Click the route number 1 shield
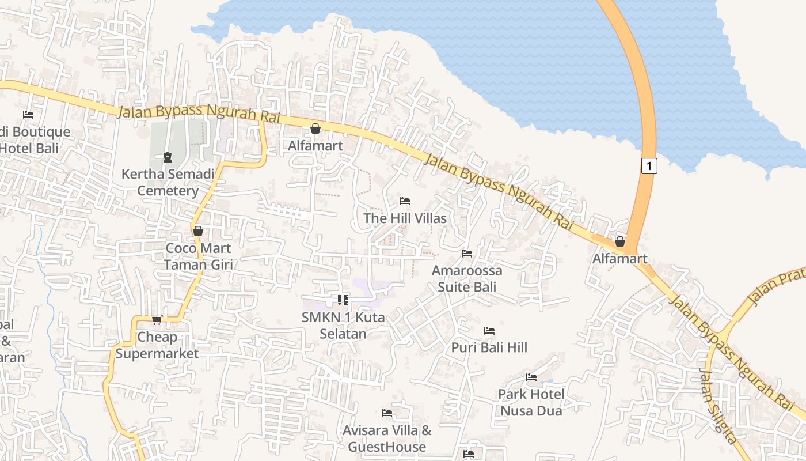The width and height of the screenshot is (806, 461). (x=649, y=166)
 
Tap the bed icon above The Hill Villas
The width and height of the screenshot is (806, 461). (x=405, y=201)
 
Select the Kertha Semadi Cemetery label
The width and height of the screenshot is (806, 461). (x=168, y=182)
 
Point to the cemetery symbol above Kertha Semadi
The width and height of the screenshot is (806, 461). (x=168, y=157)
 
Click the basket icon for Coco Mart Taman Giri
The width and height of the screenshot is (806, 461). (x=198, y=231)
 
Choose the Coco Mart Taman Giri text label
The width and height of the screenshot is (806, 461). (x=198, y=256)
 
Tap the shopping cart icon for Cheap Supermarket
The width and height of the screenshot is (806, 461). (x=157, y=320)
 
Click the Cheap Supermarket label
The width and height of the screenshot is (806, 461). (x=157, y=345)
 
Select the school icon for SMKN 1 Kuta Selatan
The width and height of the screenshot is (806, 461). (x=343, y=300)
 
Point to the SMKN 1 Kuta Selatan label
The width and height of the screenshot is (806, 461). (x=343, y=326)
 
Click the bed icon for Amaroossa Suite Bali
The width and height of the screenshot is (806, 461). (x=467, y=254)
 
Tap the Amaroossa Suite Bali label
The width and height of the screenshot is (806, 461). (x=467, y=279)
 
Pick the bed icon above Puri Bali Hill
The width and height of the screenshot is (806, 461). (x=489, y=331)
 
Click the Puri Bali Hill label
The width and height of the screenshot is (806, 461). (x=489, y=347)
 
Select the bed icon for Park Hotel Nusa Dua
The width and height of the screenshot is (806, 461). (x=531, y=377)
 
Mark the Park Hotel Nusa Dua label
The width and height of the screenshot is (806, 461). (x=531, y=402)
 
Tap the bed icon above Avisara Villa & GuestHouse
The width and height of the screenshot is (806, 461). (x=387, y=413)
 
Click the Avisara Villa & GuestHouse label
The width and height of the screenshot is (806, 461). (x=387, y=439)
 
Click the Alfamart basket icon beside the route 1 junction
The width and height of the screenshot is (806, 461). (x=620, y=241)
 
